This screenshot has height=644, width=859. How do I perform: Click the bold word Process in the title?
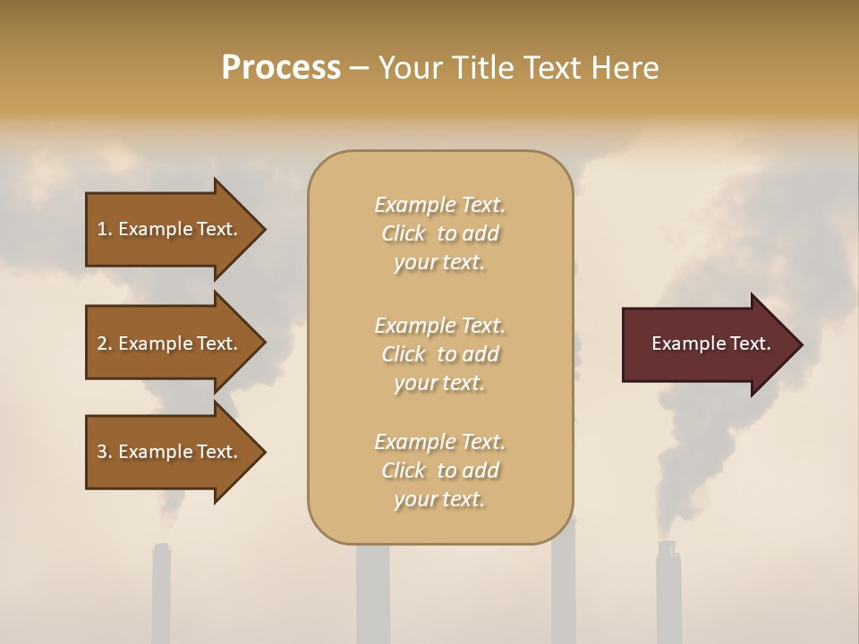(x=281, y=68)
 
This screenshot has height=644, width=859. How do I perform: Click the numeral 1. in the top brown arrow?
(x=105, y=229)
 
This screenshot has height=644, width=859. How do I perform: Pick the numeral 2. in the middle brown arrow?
(x=105, y=343)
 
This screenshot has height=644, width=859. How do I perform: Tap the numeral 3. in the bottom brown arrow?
(x=105, y=452)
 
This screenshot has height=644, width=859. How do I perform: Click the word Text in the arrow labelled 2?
(x=217, y=343)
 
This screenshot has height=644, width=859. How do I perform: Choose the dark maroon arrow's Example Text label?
(x=710, y=343)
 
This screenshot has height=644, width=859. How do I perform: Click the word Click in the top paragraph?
(x=404, y=233)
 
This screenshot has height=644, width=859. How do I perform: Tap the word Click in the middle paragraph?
(x=404, y=354)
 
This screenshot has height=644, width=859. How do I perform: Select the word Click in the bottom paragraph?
(x=404, y=470)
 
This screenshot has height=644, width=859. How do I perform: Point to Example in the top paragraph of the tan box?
(x=414, y=205)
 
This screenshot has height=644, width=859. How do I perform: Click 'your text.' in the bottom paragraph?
(x=439, y=499)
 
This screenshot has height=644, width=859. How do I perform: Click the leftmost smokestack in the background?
(x=161, y=595)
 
